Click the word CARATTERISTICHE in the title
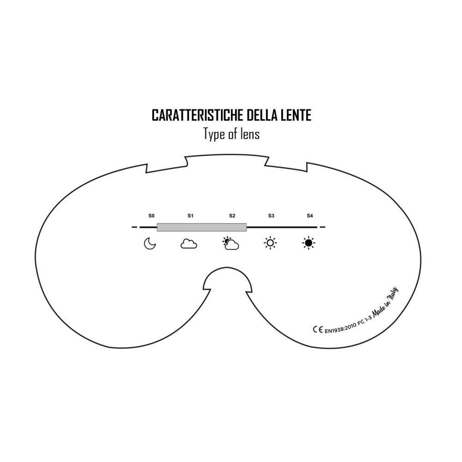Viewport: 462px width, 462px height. [198, 115]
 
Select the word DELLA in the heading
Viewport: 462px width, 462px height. [261, 115]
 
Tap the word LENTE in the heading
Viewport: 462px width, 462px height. [295, 115]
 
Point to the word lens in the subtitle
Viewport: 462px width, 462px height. [251, 134]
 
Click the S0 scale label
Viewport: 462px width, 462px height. [152, 216]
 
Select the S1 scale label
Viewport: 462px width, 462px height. [190, 216]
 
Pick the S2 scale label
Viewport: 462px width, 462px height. [232, 216]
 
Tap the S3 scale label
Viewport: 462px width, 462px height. [271, 216]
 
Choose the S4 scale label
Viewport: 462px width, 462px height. [310, 216]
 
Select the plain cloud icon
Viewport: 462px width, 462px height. [188, 244]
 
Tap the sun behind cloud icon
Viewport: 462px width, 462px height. [231, 243]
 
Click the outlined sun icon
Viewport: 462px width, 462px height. [270, 243]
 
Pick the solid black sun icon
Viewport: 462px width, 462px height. [309, 243]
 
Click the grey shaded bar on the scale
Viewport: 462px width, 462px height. [202, 227]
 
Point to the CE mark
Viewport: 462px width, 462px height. [318, 329]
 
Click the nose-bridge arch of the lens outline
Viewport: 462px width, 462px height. [227, 268]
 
